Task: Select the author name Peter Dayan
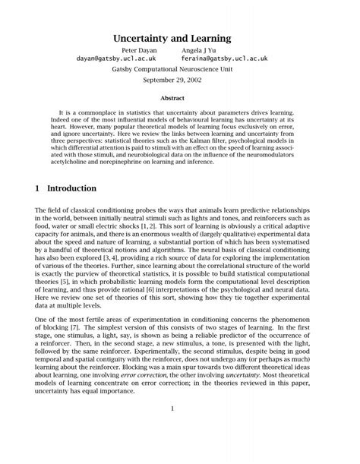click(139, 50)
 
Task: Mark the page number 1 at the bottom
click(172, 409)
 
